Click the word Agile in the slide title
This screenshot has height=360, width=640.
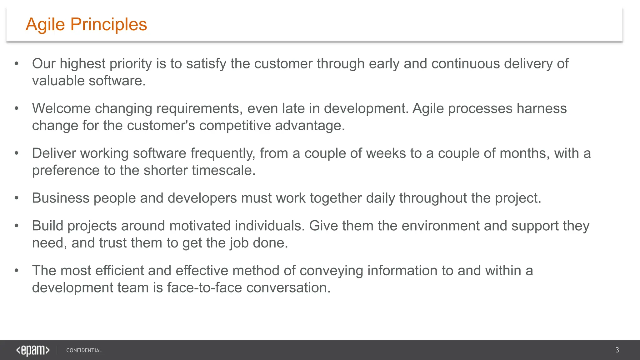click(x=45, y=24)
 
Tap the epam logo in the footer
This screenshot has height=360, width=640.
click(x=33, y=350)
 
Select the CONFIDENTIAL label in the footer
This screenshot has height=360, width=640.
click(x=84, y=350)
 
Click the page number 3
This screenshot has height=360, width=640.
click(x=617, y=350)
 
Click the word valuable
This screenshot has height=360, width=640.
click(x=58, y=81)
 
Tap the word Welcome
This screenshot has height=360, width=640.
click(x=61, y=108)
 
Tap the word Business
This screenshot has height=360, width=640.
click(x=61, y=198)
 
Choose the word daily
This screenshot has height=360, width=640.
click(x=380, y=198)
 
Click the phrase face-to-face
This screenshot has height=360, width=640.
click(x=204, y=288)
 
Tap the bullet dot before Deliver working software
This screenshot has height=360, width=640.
click(x=17, y=153)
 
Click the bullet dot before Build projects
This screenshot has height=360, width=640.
click(x=17, y=226)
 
